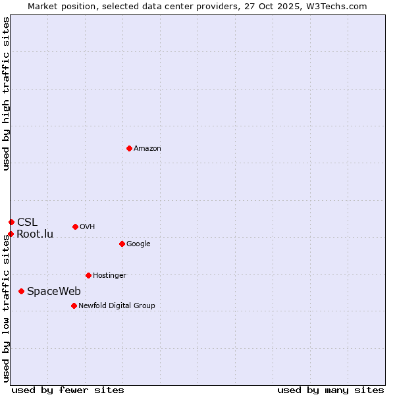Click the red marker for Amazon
tap(129, 148)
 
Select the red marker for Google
tap(122, 244)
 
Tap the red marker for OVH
tap(75, 226)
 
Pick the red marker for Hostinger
tap(88, 275)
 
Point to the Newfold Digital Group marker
tap(74, 305)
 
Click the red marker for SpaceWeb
tap(22, 291)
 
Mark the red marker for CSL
tap(11, 222)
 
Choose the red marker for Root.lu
tap(11, 234)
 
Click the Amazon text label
tap(147, 149)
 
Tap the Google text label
tap(138, 244)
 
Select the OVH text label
tap(88, 227)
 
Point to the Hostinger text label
tap(109, 276)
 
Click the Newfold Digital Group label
tap(117, 306)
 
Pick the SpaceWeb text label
tap(54, 292)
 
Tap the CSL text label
tap(28, 223)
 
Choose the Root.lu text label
tap(35, 234)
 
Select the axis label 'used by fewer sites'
tap(68, 390)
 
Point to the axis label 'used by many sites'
tap(330, 390)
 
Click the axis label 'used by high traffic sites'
tap(7, 93)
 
